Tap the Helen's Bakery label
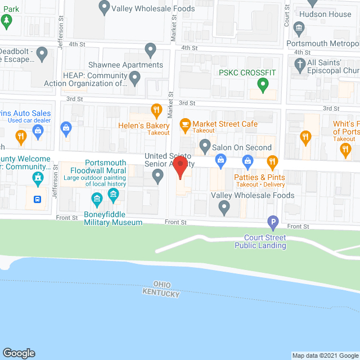coord(143,125)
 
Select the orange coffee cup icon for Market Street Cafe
coord(184,124)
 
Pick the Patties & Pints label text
coord(259,177)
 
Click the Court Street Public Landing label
coord(260,241)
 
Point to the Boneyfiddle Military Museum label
coord(113,218)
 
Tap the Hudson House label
coord(325,14)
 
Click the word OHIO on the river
coord(161,285)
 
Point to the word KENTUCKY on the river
coord(161,294)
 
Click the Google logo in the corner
coord(19,353)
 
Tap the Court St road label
coord(286,17)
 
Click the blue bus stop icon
coord(37,199)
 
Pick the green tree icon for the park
coord(6,21)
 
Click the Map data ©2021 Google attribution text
coord(325,355)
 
